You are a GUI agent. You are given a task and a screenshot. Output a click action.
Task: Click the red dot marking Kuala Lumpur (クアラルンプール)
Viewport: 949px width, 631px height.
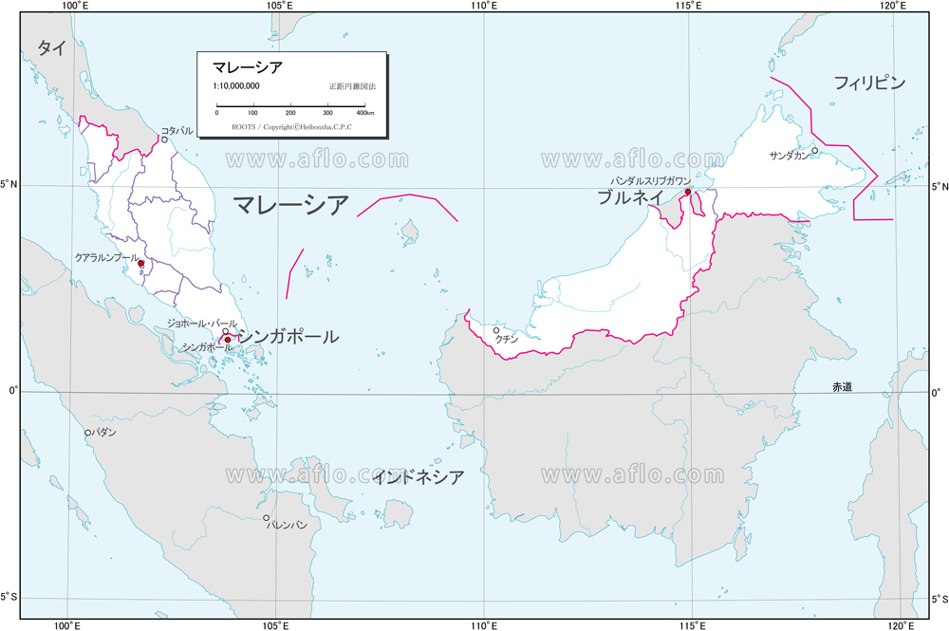click(140, 264)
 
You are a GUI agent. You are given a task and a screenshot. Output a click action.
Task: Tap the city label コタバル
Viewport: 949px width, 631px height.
click(177, 130)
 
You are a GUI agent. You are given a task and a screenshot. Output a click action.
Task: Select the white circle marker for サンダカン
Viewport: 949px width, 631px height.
click(814, 150)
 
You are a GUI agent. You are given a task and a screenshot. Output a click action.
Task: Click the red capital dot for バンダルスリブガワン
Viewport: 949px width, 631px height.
click(688, 192)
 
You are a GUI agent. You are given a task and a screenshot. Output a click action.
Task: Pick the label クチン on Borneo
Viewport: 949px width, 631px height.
click(507, 338)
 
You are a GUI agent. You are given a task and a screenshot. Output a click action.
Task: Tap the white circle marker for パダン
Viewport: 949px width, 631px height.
click(88, 433)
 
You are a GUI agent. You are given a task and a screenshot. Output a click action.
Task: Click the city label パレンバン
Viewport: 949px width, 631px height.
click(287, 525)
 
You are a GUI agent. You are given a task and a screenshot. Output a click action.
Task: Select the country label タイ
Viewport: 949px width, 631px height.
click(51, 49)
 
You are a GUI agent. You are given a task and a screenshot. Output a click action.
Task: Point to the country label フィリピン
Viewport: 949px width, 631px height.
click(869, 83)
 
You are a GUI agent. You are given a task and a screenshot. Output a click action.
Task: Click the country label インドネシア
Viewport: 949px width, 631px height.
click(419, 476)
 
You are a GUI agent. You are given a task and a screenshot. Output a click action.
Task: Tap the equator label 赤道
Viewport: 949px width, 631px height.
click(842, 386)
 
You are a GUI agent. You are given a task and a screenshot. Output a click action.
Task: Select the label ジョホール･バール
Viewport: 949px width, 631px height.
click(202, 324)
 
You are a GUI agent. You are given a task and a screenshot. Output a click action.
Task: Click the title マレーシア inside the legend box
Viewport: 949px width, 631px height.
click(246, 67)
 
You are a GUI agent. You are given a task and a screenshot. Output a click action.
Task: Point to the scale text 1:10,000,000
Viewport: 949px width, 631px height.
click(237, 86)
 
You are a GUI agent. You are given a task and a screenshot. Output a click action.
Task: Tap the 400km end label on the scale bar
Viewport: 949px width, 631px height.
click(365, 113)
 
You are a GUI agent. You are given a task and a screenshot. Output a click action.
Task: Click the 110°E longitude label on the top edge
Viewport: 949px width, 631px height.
click(483, 7)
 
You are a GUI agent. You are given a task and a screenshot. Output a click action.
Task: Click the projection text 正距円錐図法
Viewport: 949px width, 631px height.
click(352, 86)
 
